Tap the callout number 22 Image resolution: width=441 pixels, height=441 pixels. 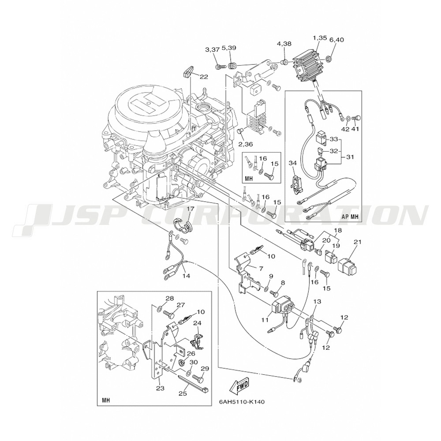click(x=204, y=76)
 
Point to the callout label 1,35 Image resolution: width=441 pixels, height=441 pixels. click(x=320, y=37)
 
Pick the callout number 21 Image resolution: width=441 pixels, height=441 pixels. click(x=357, y=242)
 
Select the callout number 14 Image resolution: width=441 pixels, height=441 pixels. click(x=186, y=276)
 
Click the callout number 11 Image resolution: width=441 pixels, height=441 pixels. click(x=265, y=319)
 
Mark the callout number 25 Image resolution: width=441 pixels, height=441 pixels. click(x=183, y=394)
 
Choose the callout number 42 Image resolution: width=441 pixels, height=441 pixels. click(x=345, y=129)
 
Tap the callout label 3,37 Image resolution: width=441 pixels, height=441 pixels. click(x=212, y=50)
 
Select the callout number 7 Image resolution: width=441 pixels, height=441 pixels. click(x=261, y=269)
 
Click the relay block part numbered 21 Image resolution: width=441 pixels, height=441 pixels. click(x=347, y=266)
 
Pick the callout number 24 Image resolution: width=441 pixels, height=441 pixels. click(x=198, y=323)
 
